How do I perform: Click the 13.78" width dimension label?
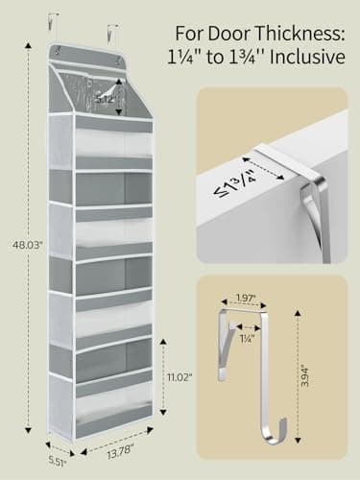[120, 449]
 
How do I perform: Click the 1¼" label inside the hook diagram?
[249, 336]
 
